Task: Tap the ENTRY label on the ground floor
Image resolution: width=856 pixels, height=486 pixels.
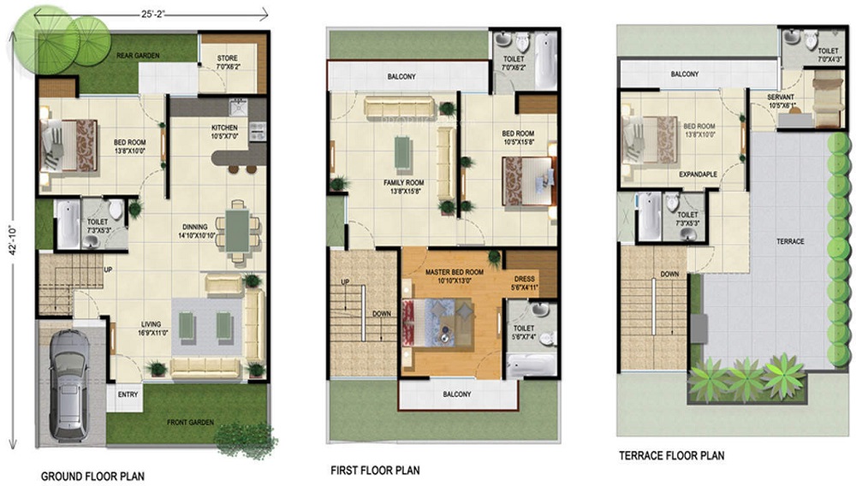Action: click(x=128, y=394)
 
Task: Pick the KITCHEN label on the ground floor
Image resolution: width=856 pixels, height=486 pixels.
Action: click(x=223, y=127)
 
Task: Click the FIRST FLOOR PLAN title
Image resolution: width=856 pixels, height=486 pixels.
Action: click(x=375, y=471)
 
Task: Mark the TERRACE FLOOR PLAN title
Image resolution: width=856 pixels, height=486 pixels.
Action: click(x=671, y=455)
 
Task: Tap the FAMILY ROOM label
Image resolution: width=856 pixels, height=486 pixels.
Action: click(x=403, y=182)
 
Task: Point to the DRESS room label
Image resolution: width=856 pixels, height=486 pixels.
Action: click(x=525, y=278)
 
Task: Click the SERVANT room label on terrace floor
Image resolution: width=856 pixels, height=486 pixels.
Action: click(x=780, y=98)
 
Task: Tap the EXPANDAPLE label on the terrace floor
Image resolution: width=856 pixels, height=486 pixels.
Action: click(x=698, y=173)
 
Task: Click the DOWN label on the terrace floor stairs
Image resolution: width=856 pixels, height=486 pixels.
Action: click(x=670, y=275)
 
